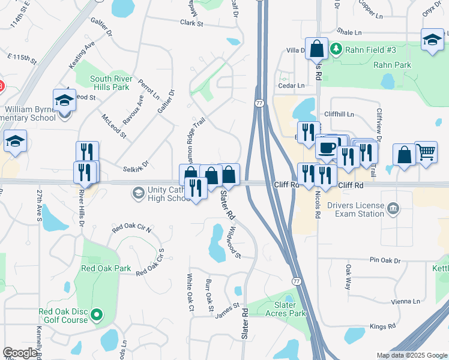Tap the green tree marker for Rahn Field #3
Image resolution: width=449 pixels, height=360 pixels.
pos(337,49)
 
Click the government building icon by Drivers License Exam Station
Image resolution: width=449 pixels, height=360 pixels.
pos(393,209)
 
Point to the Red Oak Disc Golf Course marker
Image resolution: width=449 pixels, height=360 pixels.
pos(94,314)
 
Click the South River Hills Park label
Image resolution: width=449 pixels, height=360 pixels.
pos(110,83)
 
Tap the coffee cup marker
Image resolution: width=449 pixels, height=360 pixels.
pos(327,146)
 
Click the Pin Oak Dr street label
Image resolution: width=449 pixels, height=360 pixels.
pos(385,260)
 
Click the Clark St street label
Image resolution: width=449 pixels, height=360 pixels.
pos(192,23)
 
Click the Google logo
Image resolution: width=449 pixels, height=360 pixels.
pos(20,353)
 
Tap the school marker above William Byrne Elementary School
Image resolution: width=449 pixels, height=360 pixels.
pos(64,100)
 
